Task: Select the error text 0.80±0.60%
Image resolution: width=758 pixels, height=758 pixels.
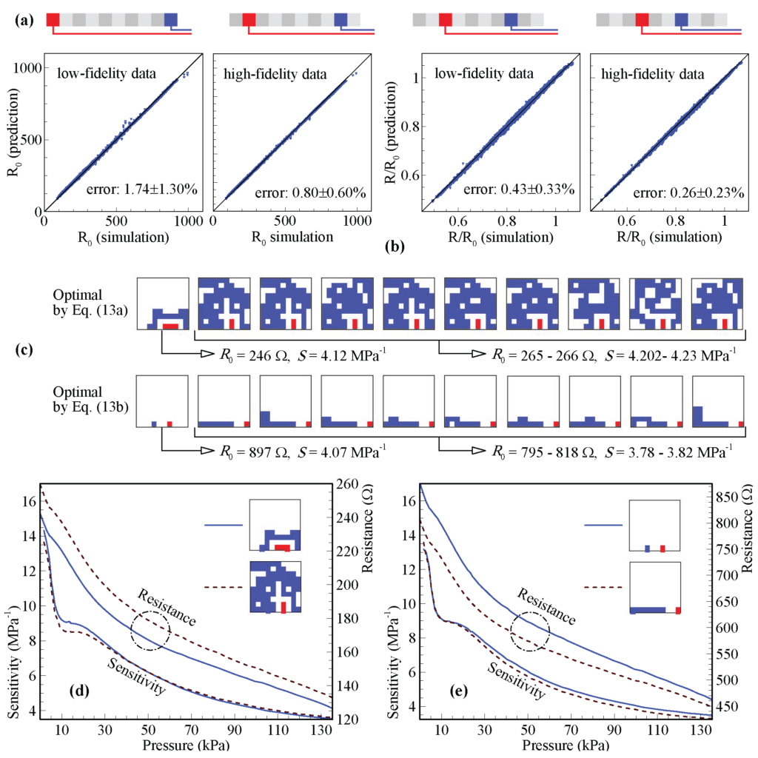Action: click(x=312, y=192)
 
